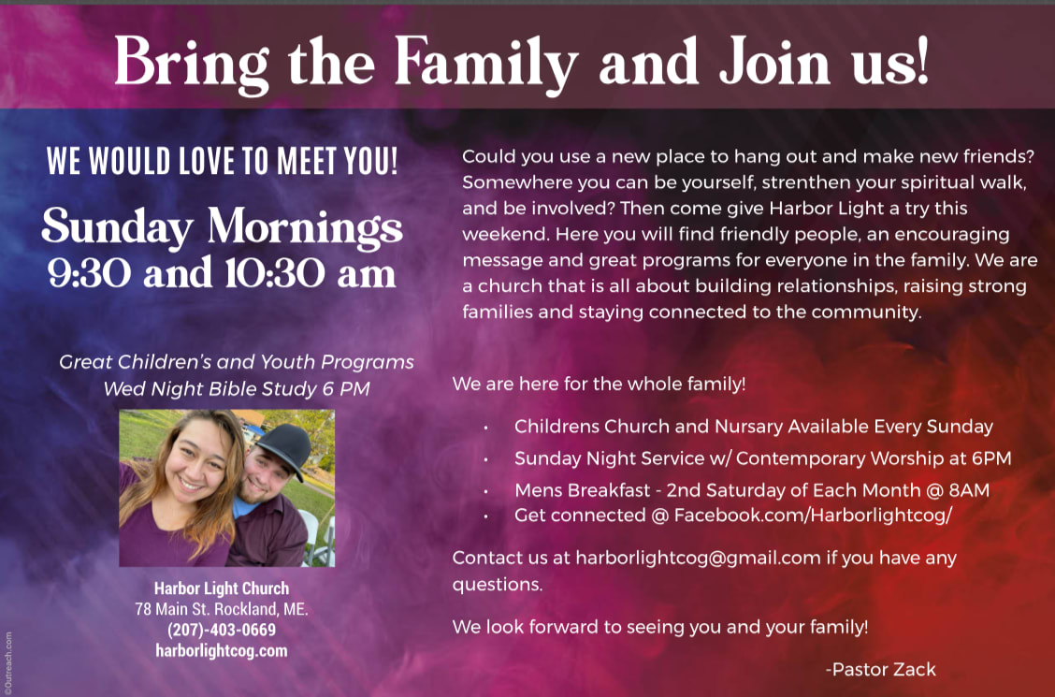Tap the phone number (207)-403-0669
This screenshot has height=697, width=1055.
[x=222, y=630]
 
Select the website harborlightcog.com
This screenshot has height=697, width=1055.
[x=222, y=651]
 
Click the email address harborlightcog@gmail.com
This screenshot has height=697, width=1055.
[x=698, y=559]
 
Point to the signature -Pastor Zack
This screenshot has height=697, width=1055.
[x=881, y=670]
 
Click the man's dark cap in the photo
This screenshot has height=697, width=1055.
[x=284, y=447]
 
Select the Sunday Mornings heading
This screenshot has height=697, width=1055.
[x=222, y=227]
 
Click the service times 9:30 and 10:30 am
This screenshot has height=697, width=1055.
[x=222, y=273]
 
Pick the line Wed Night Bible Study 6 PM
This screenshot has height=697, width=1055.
[x=237, y=389]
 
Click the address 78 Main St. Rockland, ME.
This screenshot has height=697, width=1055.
[x=222, y=610]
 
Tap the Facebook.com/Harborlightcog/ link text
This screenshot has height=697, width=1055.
[x=813, y=515]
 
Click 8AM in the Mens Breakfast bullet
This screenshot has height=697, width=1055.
[x=969, y=490]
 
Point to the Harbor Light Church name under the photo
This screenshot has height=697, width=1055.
[x=222, y=588]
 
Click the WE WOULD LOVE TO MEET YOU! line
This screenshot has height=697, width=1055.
[x=222, y=162]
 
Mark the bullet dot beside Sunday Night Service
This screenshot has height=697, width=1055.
[x=485, y=459]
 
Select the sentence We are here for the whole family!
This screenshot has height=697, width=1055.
[x=599, y=385]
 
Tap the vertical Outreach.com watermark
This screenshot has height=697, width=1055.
[x=8, y=662]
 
